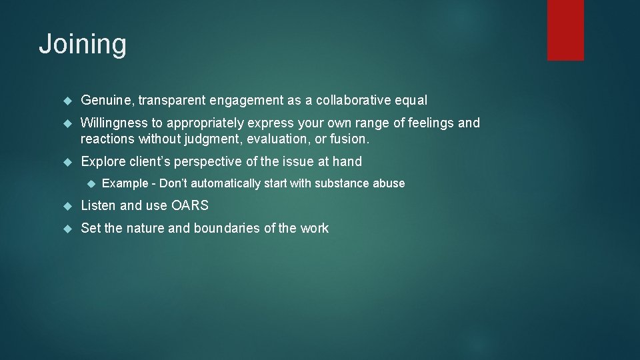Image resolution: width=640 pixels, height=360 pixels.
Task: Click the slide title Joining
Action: click(x=82, y=45)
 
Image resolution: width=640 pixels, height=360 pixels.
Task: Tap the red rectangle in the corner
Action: click(x=565, y=29)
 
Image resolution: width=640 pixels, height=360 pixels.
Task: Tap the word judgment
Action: click(x=215, y=139)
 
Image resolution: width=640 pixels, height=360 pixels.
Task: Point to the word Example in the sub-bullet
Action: click(x=125, y=183)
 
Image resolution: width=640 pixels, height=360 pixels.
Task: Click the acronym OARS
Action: click(x=190, y=205)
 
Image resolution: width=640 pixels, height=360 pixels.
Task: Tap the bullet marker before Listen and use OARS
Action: click(x=67, y=206)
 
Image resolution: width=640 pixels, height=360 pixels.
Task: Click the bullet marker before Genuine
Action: click(x=67, y=101)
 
